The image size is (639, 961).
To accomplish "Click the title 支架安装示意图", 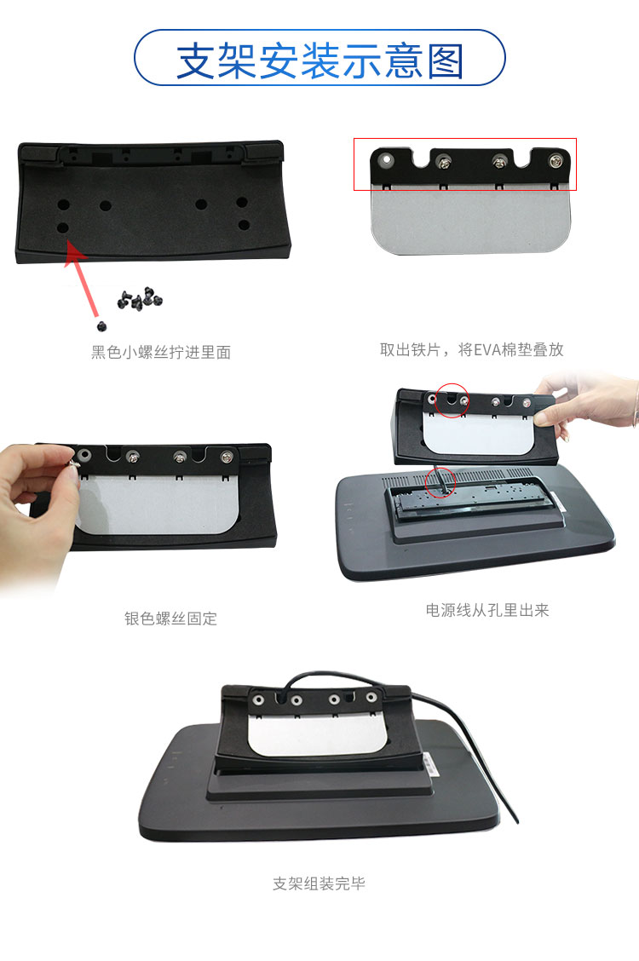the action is point(319,60).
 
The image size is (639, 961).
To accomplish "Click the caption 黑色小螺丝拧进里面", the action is point(161,352).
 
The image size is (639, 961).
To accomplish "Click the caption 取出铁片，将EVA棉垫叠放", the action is point(472,349).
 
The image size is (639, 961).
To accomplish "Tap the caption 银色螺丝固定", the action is point(171,619).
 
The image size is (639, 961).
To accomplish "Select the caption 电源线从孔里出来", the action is point(487,610).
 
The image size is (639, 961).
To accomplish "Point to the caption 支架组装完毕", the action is point(319,883).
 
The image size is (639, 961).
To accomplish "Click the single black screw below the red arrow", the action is point(101,325).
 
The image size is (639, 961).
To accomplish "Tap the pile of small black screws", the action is point(140,298).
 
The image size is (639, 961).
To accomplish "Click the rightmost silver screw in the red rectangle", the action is point(556,161).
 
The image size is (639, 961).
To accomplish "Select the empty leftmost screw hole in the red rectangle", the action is point(386,159).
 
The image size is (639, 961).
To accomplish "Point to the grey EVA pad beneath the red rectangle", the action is point(470,222).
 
